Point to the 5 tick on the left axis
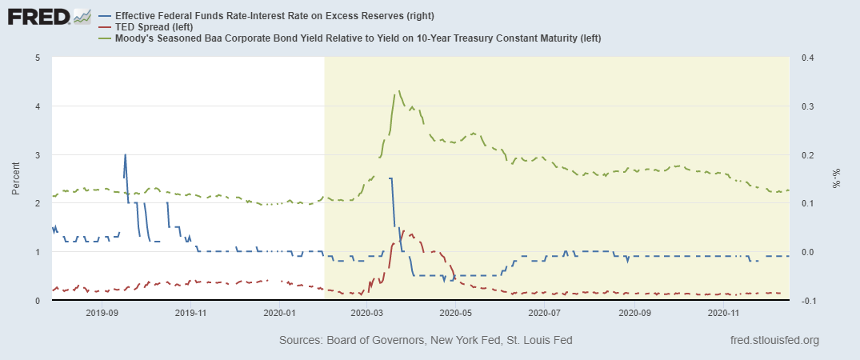click(x=38, y=58)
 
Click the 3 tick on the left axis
click(x=38, y=154)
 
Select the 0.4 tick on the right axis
click(x=806, y=58)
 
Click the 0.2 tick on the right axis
click(x=806, y=154)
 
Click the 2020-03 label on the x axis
click(x=367, y=314)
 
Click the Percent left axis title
click(x=16, y=179)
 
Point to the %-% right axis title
click(x=836, y=179)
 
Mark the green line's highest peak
click(x=398, y=91)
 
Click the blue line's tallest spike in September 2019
click(x=125, y=154)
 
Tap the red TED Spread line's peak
click(x=403, y=230)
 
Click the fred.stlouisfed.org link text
click(x=775, y=341)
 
